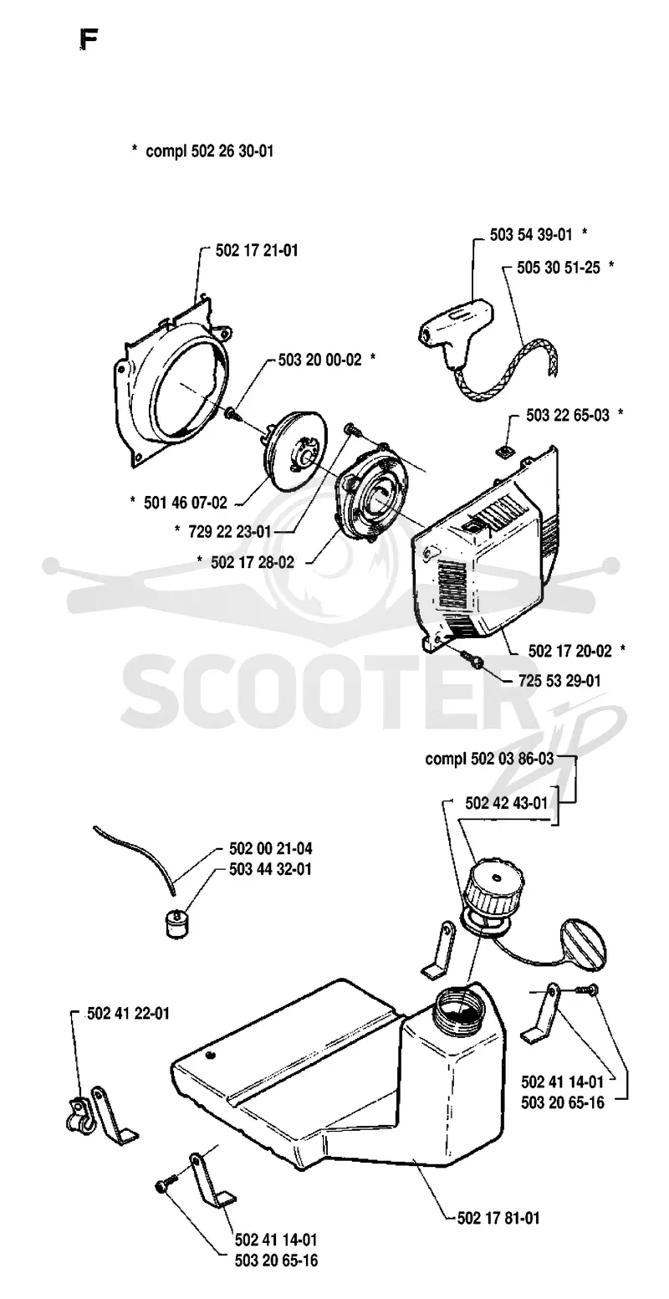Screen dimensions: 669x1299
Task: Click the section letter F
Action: (88, 41)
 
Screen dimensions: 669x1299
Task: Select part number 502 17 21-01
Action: (256, 251)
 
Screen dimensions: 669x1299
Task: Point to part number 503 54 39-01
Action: (531, 234)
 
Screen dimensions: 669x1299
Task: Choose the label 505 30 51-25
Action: (559, 268)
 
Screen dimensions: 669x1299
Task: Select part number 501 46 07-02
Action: (186, 502)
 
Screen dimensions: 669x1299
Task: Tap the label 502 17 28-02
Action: (253, 562)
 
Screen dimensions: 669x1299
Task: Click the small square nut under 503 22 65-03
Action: (504, 452)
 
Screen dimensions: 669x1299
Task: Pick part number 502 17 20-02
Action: (569, 651)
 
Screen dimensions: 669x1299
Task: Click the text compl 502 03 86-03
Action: (489, 759)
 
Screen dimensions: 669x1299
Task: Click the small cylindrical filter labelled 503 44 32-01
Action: (175, 923)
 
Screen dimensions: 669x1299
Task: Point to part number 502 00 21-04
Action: (271, 848)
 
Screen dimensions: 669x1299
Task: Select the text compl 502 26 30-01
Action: (209, 151)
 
